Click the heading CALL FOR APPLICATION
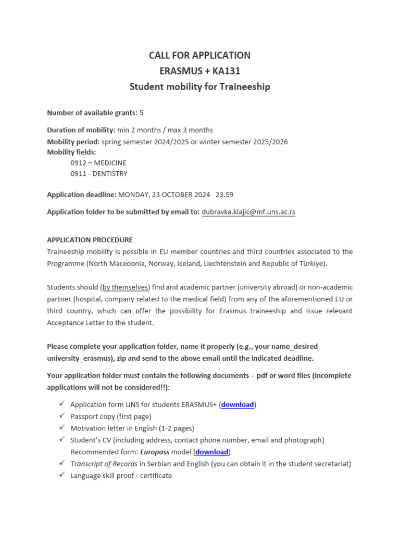click(x=199, y=55)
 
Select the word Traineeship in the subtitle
click(x=243, y=87)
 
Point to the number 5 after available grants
click(x=141, y=112)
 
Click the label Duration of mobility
click(x=81, y=130)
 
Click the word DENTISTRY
click(x=110, y=174)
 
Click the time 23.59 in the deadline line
click(x=224, y=195)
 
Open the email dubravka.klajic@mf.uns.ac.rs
click(x=248, y=212)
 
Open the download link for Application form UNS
click(x=238, y=404)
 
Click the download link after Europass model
click(x=211, y=452)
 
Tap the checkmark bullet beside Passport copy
click(x=61, y=416)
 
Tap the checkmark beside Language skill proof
click(x=61, y=475)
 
